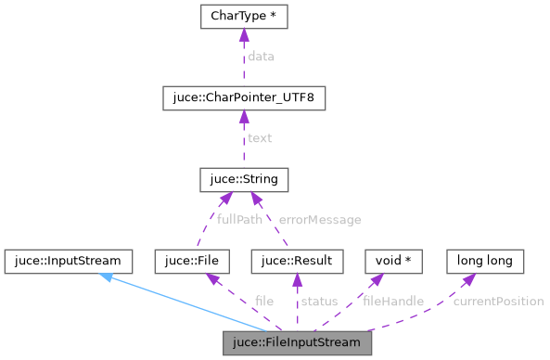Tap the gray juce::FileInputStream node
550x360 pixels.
click(x=297, y=341)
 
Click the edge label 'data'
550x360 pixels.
click(x=261, y=57)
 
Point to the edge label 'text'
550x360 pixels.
click(x=260, y=138)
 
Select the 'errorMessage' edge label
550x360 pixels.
click(x=320, y=220)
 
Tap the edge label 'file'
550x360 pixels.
click(x=264, y=302)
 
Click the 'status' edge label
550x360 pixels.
click(x=318, y=302)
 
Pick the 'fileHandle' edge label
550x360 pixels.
click(x=393, y=302)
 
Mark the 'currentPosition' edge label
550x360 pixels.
click(x=498, y=302)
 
